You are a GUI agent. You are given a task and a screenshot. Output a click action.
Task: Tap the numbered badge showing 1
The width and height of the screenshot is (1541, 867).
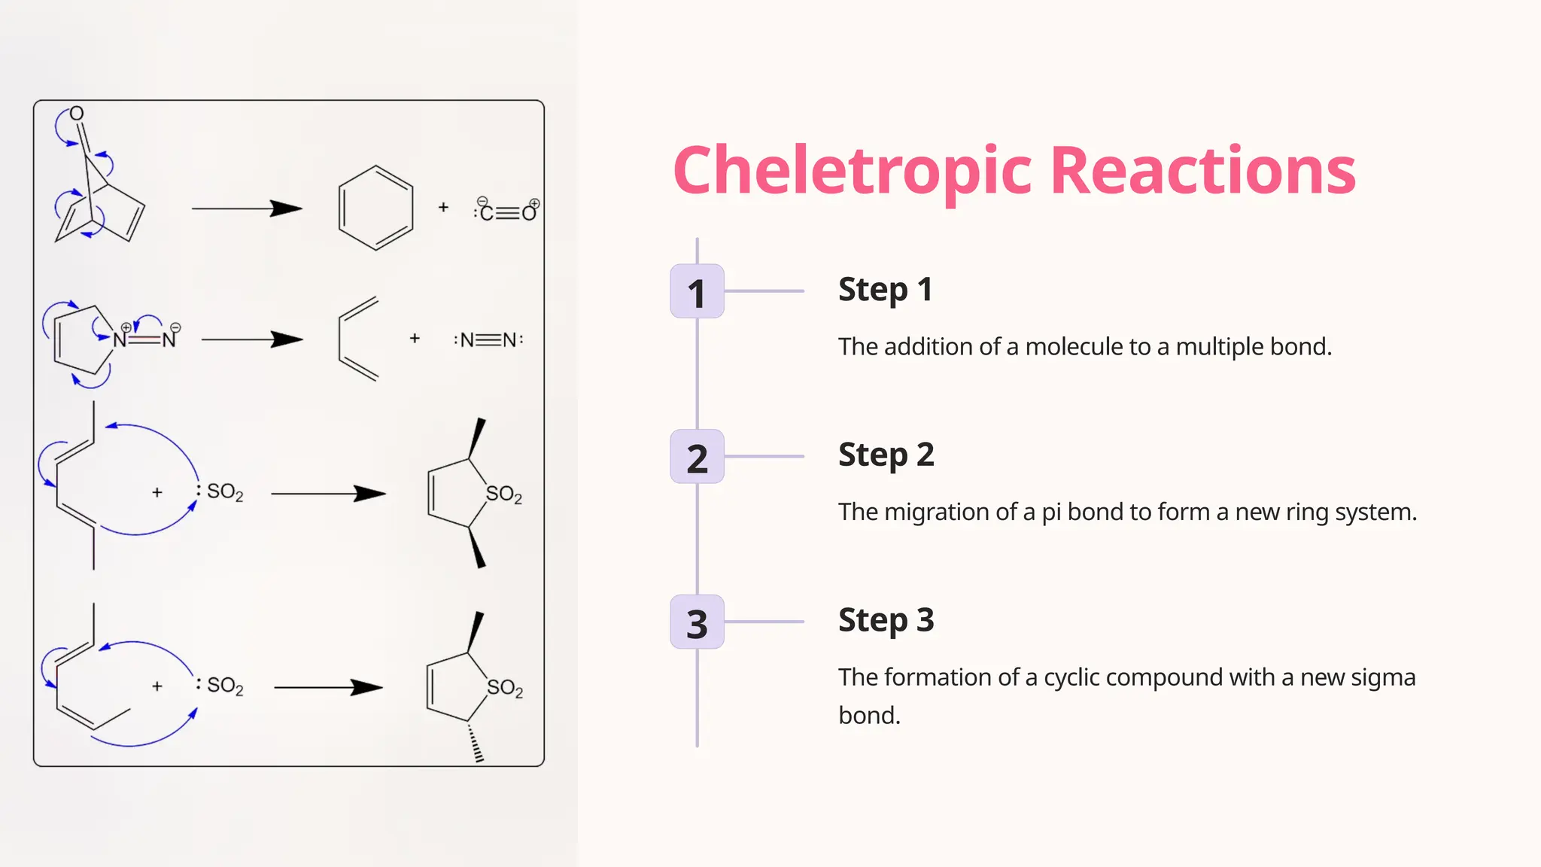pos(697,291)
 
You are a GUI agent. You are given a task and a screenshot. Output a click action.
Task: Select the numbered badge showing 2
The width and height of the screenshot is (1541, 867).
pos(697,457)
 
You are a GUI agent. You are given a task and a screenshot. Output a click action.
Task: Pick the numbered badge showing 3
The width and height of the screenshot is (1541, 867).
pos(697,622)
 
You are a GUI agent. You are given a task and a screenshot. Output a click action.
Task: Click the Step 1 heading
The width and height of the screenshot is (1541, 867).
pos(885,290)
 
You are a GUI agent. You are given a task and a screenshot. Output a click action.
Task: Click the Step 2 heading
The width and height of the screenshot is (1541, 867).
pos(886,455)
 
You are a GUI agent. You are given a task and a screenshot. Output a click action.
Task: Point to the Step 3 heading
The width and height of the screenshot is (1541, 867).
pos(886,621)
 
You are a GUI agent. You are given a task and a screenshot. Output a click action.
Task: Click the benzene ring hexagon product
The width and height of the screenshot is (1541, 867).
pos(375,208)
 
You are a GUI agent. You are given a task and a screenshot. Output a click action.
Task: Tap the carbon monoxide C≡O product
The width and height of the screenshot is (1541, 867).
pos(507,211)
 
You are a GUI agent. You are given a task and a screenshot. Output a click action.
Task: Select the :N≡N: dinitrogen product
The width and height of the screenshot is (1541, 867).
pos(488,340)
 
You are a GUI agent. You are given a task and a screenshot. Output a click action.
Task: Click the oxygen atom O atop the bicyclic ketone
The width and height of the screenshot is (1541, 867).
pos(77,114)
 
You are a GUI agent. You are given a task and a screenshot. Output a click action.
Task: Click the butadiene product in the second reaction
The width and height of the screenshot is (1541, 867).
pos(358,339)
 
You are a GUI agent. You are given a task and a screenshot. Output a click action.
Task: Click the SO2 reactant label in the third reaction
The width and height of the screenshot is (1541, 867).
pos(224,492)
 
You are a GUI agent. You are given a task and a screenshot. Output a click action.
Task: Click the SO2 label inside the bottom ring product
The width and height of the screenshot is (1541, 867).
pos(504,688)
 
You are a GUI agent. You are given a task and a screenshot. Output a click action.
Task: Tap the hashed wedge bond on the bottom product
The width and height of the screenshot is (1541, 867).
pos(475,743)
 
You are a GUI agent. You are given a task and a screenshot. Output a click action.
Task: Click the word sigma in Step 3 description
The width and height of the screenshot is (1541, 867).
pos(1384,677)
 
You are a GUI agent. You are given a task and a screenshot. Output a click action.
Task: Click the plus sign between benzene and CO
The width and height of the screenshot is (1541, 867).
pos(443,207)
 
